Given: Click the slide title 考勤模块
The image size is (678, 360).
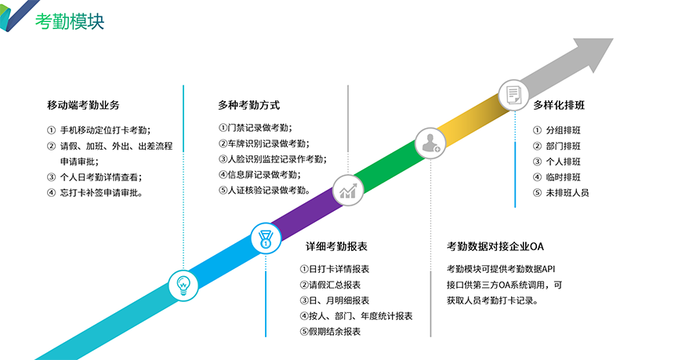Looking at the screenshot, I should [x=69, y=21].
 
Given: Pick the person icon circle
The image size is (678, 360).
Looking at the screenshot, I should [x=430, y=142].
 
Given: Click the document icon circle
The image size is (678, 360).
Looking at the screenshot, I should [x=513, y=95].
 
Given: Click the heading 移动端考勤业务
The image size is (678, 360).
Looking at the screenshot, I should [x=83, y=105].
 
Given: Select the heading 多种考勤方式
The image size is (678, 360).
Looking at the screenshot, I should [x=248, y=105].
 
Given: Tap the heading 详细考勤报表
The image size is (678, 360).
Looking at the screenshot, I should [x=336, y=246].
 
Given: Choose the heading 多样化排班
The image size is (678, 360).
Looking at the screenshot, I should [x=560, y=105].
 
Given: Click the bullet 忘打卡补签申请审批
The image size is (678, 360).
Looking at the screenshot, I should [x=99, y=193].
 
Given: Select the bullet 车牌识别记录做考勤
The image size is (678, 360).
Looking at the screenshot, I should [x=263, y=144].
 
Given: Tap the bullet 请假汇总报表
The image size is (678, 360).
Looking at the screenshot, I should [x=330, y=285].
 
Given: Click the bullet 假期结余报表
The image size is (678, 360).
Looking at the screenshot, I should [x=330, y=332].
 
